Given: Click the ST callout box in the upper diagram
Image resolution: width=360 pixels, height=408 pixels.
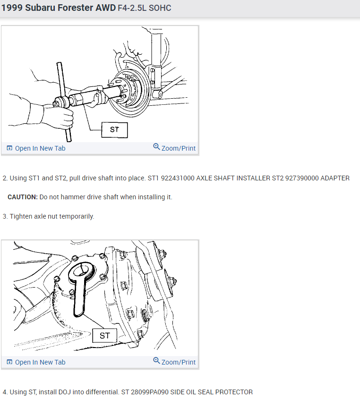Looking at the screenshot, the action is click(114, 130).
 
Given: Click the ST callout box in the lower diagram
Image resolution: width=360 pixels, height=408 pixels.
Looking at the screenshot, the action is click(104, 336).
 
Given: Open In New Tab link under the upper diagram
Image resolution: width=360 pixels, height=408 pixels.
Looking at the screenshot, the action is click(36, 148).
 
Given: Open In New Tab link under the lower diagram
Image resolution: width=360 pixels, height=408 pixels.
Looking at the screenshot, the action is click(36, 362).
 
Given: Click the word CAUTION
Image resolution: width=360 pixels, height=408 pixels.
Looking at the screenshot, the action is click(23, 197).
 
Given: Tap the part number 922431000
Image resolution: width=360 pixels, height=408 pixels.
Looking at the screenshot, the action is click(178, 178).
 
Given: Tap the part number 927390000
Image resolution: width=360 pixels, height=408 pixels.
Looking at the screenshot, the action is click(302, 178).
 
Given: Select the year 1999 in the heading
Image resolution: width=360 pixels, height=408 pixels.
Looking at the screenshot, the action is click(12, 8).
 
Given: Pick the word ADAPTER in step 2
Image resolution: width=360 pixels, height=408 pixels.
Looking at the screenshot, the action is click(335, 178).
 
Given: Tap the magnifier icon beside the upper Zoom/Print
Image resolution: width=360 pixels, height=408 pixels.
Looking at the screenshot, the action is click(156, 147).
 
